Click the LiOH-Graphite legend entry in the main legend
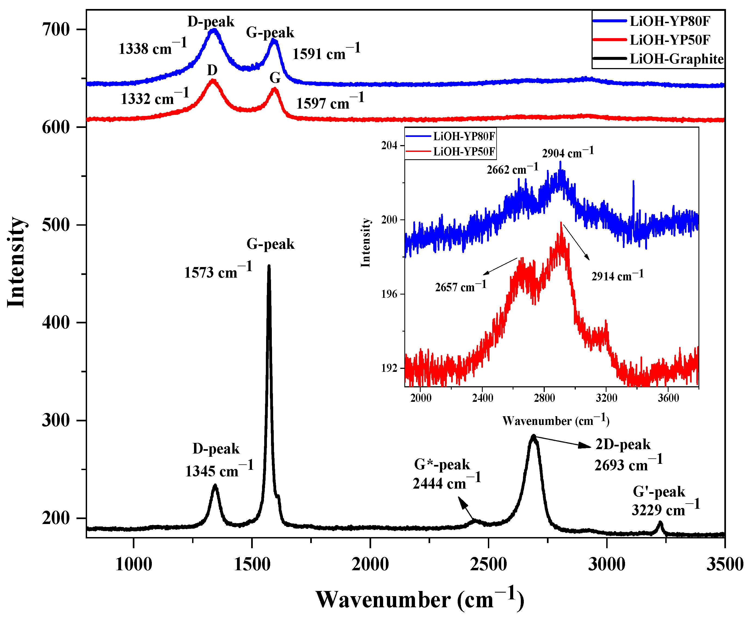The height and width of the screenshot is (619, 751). (x=676, y=59)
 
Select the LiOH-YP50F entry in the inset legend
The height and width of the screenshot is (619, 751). (x=464, y=152)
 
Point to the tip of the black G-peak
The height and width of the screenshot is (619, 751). (x=269, y=266)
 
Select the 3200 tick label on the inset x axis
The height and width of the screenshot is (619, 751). (x=606, y=398)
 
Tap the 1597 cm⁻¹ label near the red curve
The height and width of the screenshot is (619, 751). (x=330, y=102)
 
